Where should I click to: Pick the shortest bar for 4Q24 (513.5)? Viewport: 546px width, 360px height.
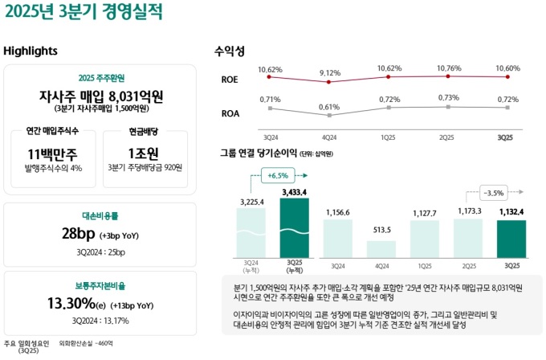(381, 247)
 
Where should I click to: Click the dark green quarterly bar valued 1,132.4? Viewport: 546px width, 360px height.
(511, 237)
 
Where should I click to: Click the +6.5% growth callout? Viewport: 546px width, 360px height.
(278, 175)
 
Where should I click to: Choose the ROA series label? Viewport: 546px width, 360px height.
(230, 113)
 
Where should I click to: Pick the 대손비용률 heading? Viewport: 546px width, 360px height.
(100, 216)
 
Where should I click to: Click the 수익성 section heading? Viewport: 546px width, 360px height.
(229, 51)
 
